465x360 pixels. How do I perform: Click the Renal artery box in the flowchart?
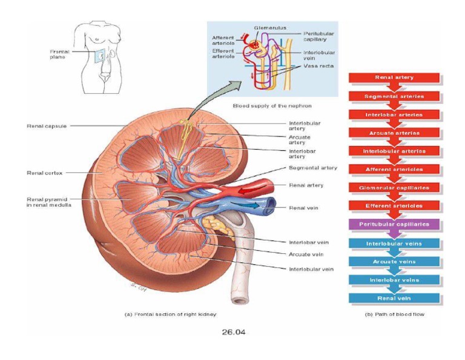click(394, 78)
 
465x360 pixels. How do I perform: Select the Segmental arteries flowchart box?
click(394, 96)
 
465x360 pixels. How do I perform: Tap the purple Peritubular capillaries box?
click(394, 224)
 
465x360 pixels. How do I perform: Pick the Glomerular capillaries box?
click(394, 188)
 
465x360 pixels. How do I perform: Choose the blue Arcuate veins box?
click(394, 262)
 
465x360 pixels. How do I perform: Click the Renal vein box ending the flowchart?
click(394, 298)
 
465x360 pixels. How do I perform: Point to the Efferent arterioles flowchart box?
click(394, 206)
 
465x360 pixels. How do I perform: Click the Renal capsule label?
click(47, 126)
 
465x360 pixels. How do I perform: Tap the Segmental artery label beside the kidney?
click(313, 168)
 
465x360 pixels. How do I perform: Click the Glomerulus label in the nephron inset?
click(270, 28)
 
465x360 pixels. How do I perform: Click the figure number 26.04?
click(234, 332)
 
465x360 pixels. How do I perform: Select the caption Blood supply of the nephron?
click(263, 105)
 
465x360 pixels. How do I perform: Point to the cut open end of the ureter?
click(240, 299)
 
